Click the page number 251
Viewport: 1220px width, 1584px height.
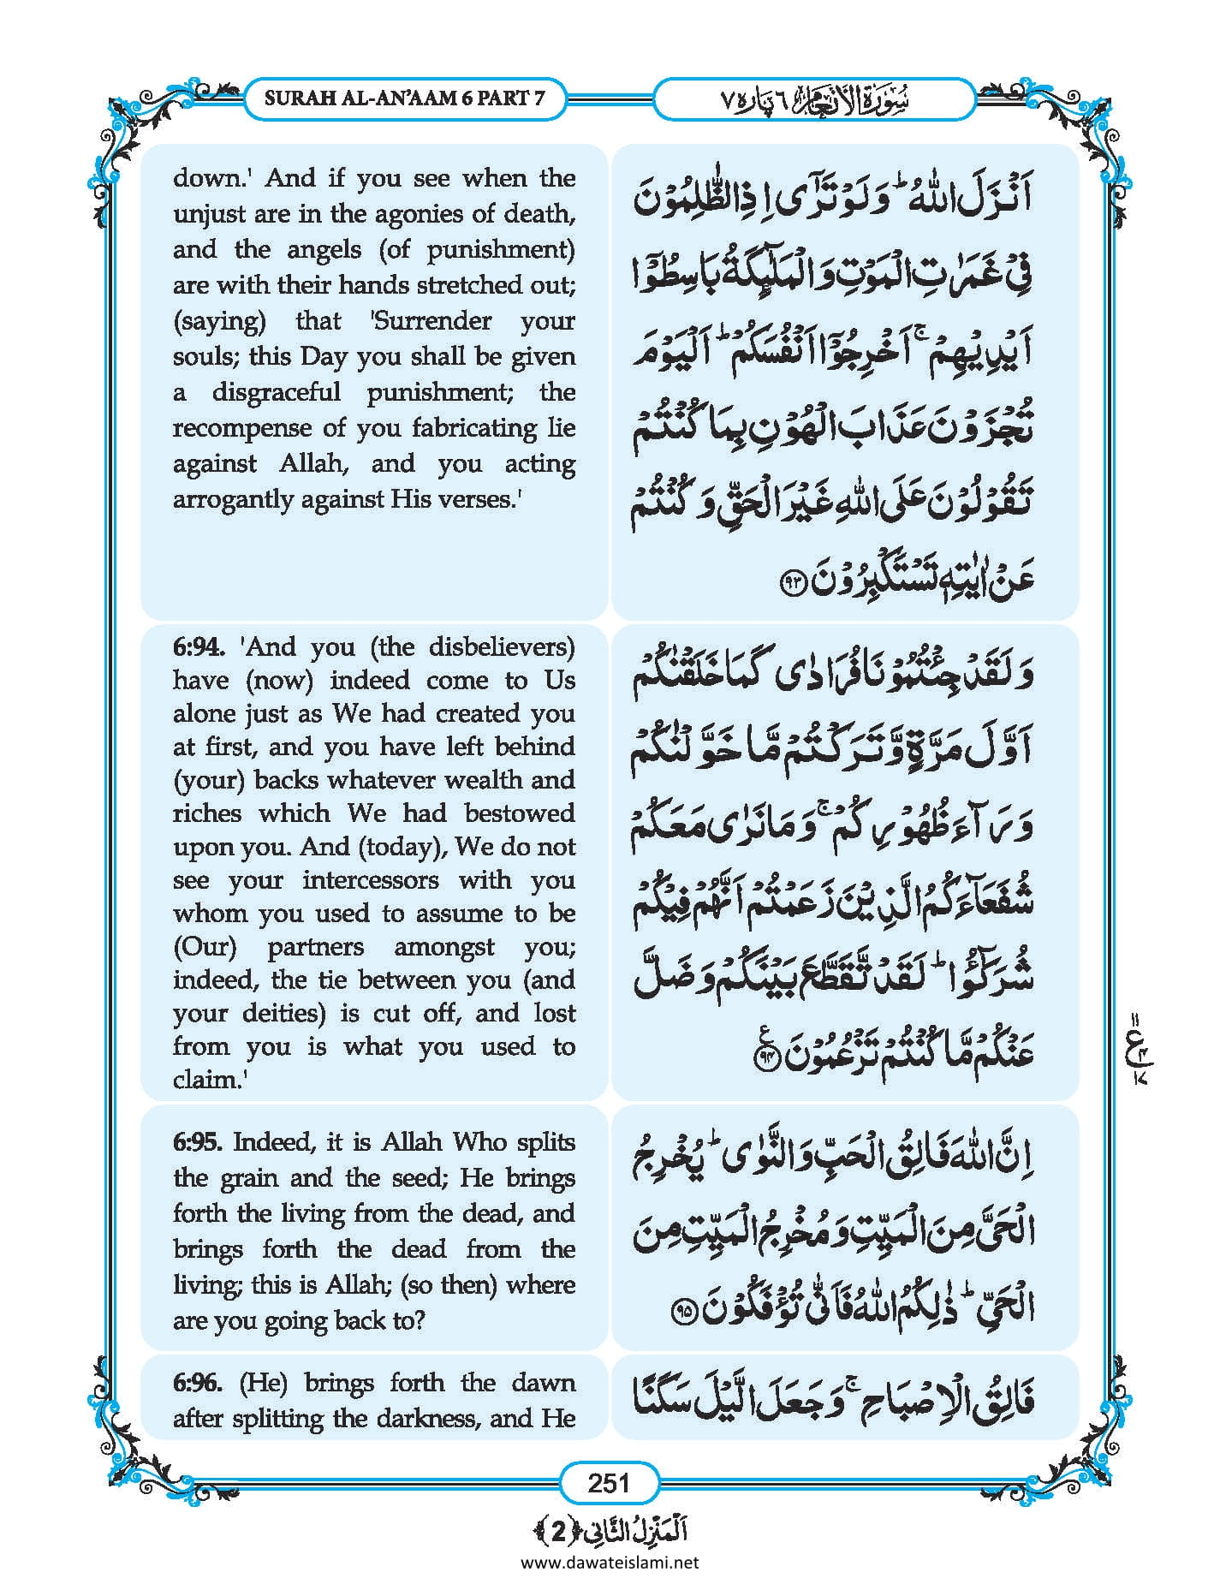[609, 1482]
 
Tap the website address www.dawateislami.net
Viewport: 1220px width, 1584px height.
[609, 1563]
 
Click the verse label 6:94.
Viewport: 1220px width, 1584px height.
[198, 647]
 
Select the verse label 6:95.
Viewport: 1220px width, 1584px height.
[198, 1142]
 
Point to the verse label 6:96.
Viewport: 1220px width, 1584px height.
[198, 1383]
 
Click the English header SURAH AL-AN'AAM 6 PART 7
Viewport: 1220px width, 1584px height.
[404, 98]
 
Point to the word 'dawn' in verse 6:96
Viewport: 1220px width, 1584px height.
[543, 1383]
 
